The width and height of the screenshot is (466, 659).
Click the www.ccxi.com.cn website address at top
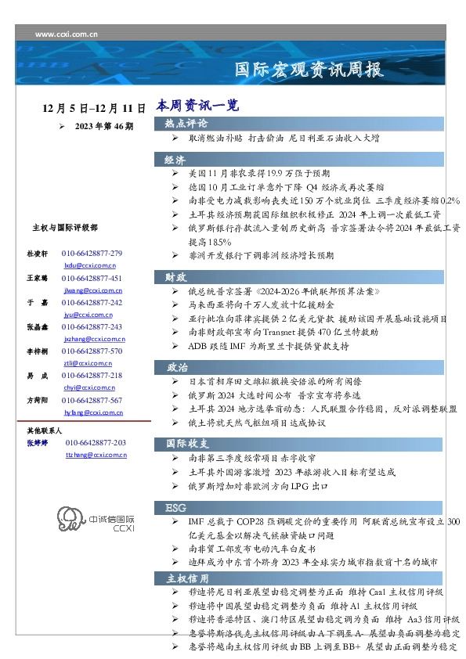click(67, 34)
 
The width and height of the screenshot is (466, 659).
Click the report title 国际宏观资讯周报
click(309, 70)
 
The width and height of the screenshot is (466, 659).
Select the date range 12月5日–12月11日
click(95, 108)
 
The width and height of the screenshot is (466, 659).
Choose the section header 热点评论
click(186, 124)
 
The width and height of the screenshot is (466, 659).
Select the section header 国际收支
click(186, 443)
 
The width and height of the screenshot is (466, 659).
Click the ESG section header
click(175, 508)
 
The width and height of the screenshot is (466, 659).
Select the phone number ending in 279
click(92, 254)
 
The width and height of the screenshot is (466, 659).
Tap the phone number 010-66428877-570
click(92, 351)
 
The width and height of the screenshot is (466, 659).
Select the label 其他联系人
click(45, 430)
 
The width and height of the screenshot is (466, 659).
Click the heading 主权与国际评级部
click(64, 228)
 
